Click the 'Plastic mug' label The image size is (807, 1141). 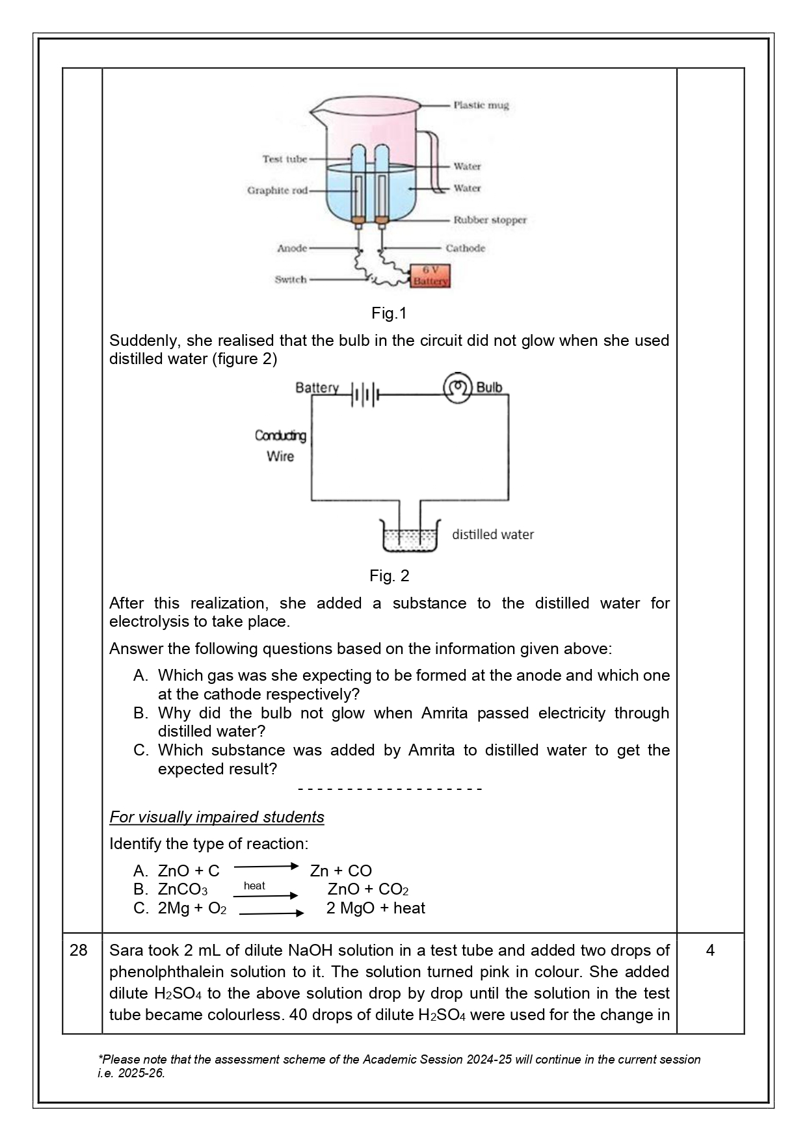[x=481, y=105]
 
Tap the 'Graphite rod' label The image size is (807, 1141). [x=277, y=190]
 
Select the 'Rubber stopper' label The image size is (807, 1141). [x=490, y=220]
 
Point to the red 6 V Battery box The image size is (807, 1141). [x=430, y=276]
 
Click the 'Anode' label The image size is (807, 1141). [x=292, y=248]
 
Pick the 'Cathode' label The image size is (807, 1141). [x=465, y=248]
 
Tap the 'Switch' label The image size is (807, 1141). [x=290, y=280]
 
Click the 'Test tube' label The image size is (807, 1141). [x=284, y=159]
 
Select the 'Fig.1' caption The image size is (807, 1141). [x=389, y=313]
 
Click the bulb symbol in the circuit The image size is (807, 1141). [x=457, y=388]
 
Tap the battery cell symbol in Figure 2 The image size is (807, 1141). [x=365, y=394]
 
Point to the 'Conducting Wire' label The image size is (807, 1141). [x=280, y=445]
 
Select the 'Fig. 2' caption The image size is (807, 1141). [x=389, y=575]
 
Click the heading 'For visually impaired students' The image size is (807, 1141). [x=217, y=817]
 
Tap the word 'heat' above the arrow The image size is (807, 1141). [x=254, y=885]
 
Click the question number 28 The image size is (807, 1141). [x=78, y=951]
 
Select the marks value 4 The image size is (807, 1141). [x=710, y=951]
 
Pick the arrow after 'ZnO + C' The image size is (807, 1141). [x=265, y=866]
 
